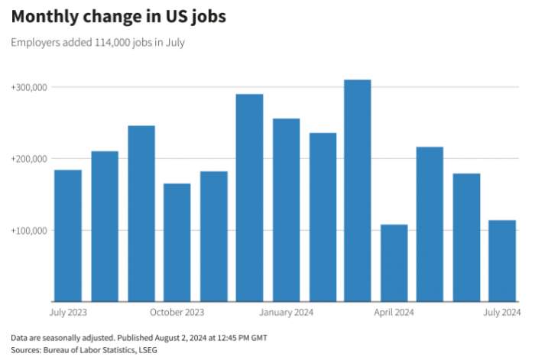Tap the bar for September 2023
click(x=141, y=213)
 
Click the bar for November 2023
click(x=213, y=236)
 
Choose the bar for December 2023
click(x=249, y=198)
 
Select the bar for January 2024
click(x=286, y=210)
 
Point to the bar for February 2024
click(x=323, y=217)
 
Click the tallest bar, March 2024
click(x=358, y=190)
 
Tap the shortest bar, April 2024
click(x=394, y=263)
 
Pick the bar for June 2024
click(x=466, y=237)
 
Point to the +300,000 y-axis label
click(x=29, y=87)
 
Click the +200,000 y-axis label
click(x=29, y=159)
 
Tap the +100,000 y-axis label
click(x=29, y=231)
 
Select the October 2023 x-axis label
click(x=177, y=312)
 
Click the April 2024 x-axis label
click(x=394, y=312)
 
